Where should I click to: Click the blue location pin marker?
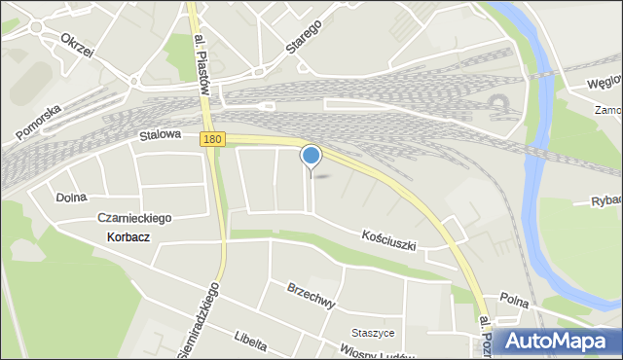point(311,156)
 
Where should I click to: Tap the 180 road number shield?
point(214,140)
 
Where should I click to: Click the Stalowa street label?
point(160,137)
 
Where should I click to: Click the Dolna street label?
point(71,197)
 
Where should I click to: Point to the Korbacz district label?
point(122,237)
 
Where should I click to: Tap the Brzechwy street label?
point(311,296)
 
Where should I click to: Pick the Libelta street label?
point(249,339)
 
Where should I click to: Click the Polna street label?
point(513,296)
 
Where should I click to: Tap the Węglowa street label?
point(604,84)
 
